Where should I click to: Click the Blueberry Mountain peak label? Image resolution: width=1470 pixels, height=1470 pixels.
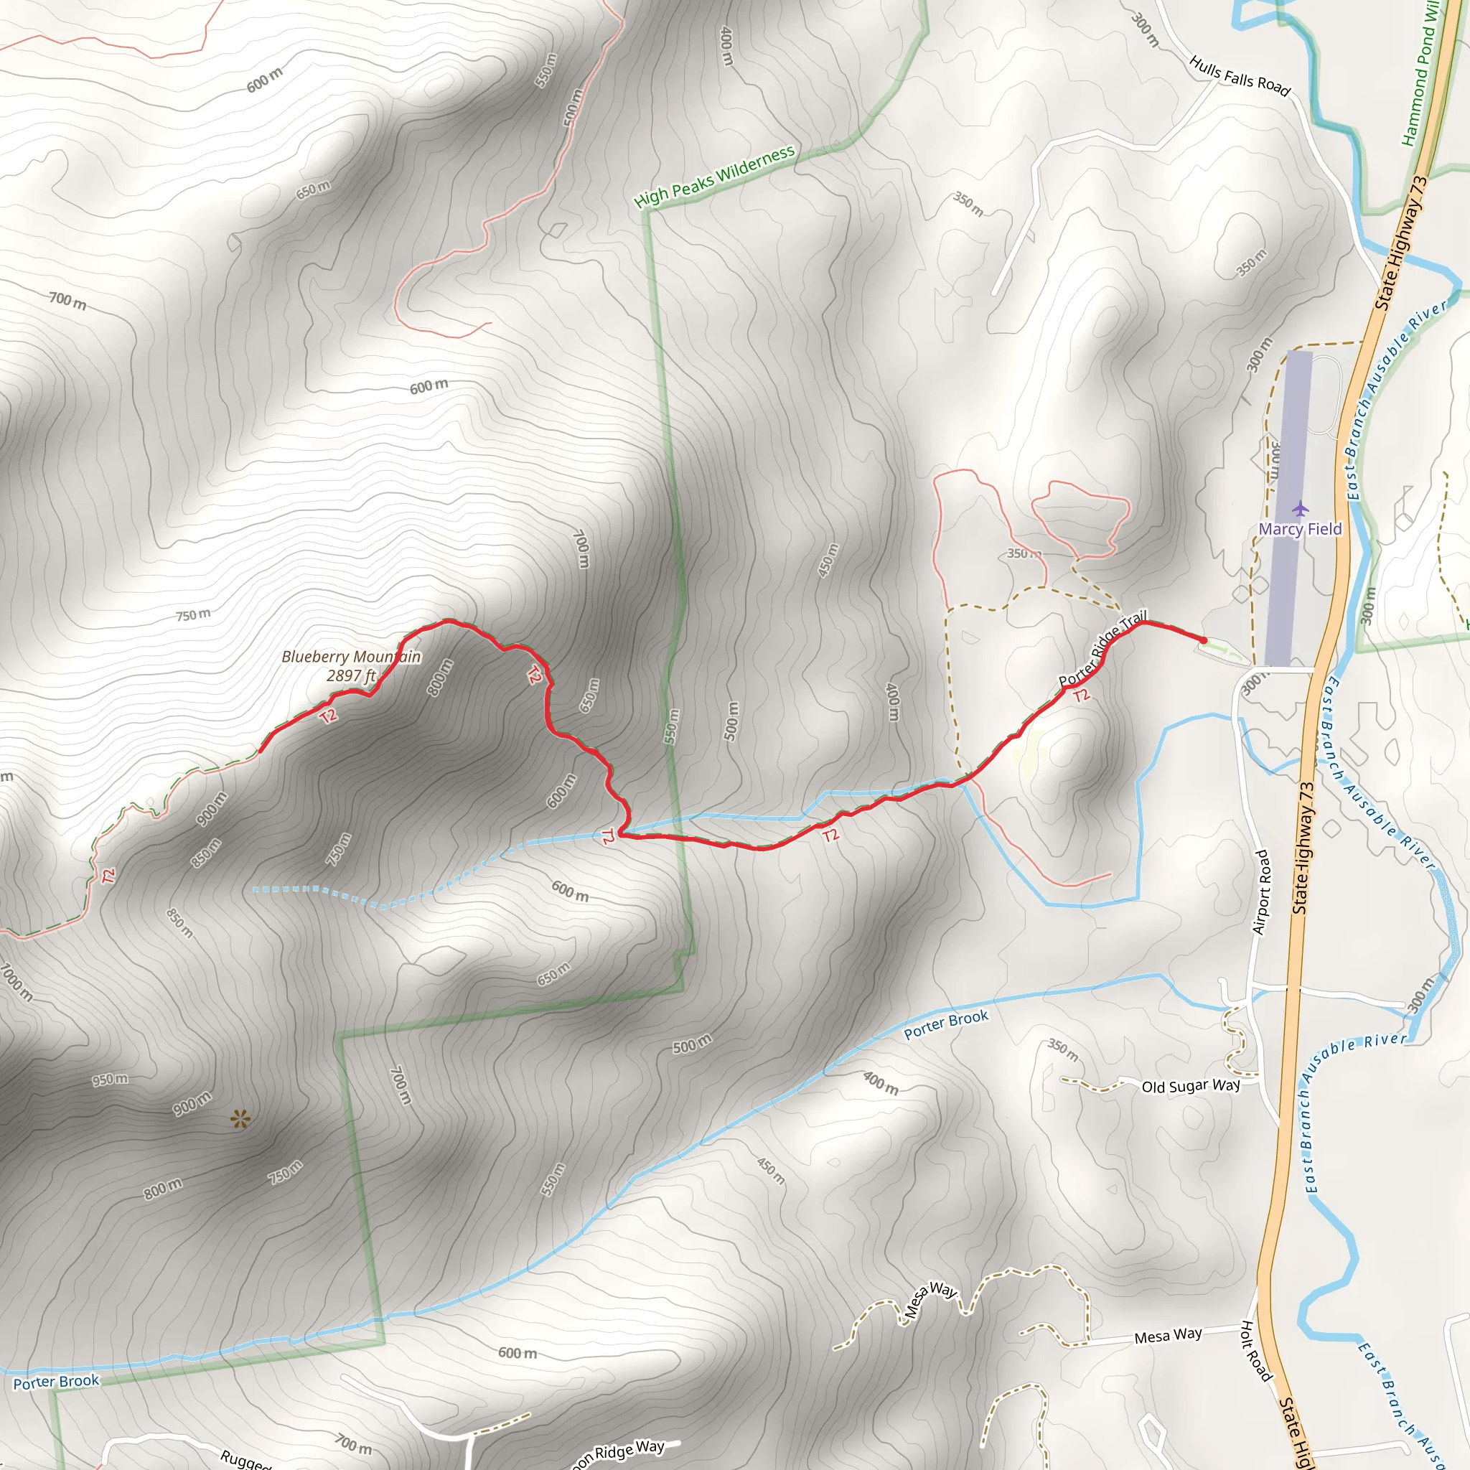coord(351,657)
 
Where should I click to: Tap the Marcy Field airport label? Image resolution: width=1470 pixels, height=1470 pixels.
coord(1300,529)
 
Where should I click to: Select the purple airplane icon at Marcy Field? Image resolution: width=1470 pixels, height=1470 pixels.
coord(1300,507)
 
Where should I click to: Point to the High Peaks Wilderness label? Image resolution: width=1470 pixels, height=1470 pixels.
coord(714,177)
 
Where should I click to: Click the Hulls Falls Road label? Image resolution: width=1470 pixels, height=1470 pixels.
coord(1240,77)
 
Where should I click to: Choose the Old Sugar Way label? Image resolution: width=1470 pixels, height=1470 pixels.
coord(1190,1086)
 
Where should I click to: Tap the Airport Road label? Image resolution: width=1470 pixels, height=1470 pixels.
coord(1260,891)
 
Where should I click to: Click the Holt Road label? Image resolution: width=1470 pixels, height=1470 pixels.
coord(1256,1351)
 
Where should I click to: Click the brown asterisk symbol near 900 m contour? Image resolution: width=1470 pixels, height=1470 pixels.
coord(240,1118)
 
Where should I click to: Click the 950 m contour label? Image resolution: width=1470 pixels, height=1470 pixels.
coord(111,1080)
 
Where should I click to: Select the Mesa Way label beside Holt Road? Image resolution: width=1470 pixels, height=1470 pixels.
coord(1167,1335)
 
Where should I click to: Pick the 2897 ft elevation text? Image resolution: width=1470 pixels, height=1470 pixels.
coord(351,675)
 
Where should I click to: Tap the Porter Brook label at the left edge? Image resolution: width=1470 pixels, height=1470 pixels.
coord(56,1381)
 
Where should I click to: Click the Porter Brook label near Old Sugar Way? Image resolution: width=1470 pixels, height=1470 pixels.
coord(945,1024)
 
